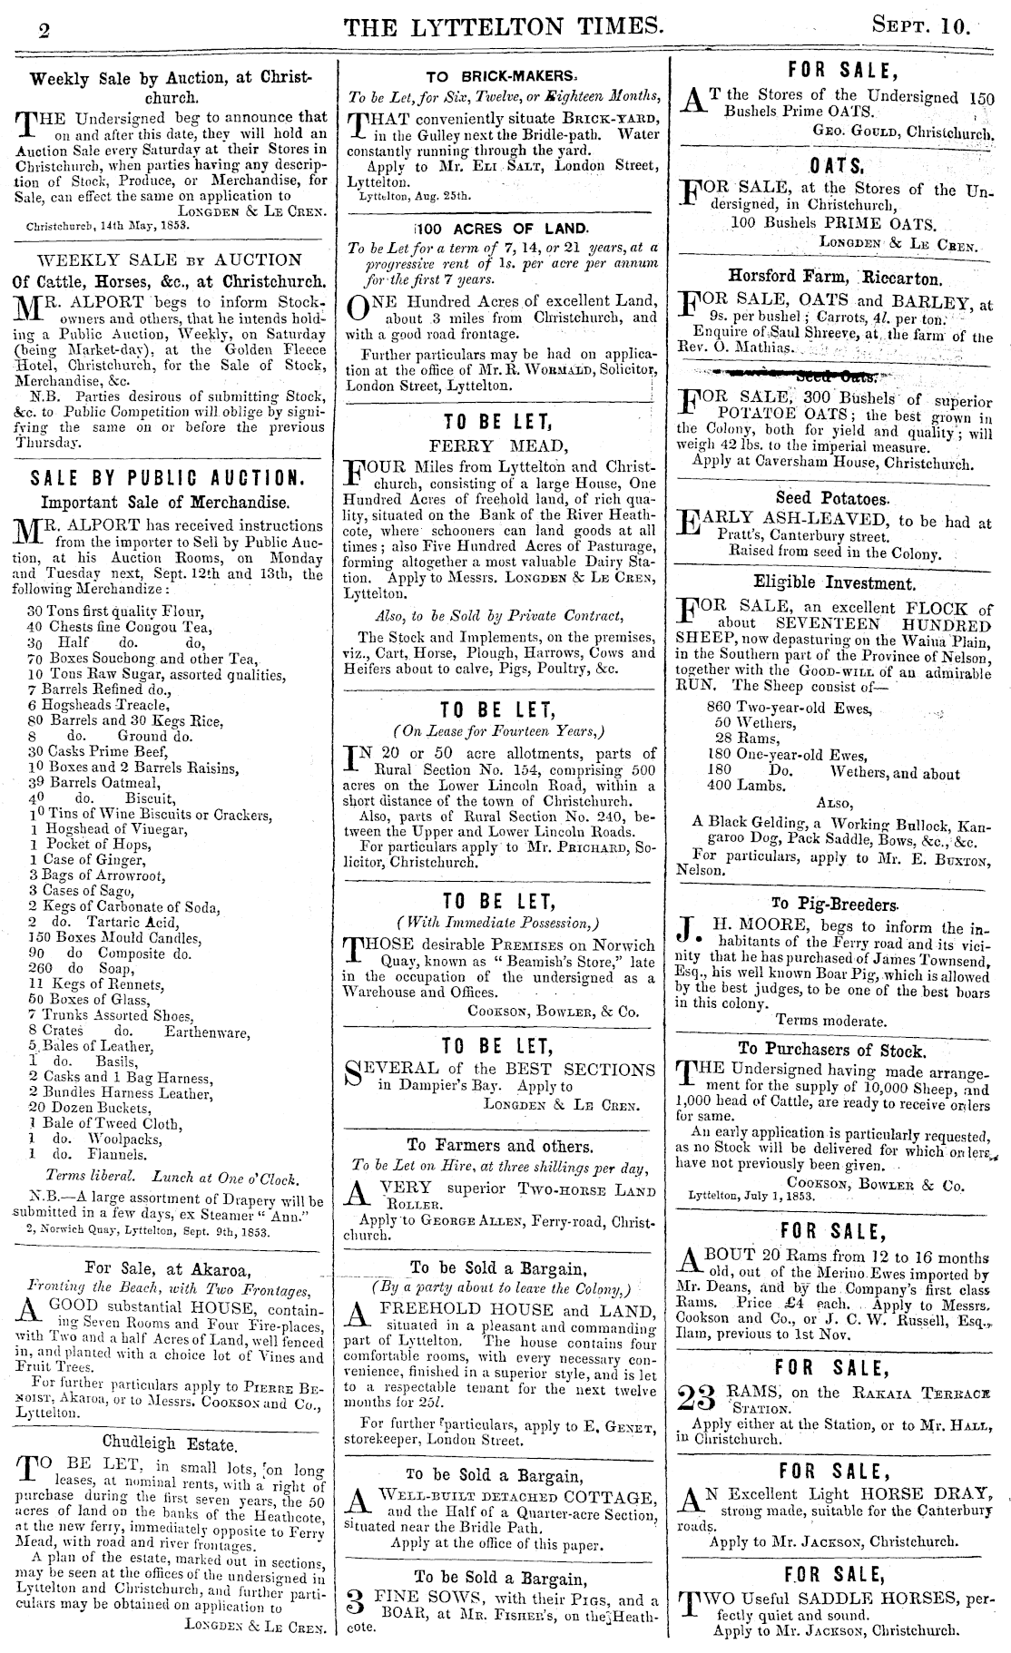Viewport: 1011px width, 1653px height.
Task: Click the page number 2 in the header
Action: coord(44,31)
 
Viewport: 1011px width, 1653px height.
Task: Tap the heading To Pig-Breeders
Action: coord(835,904)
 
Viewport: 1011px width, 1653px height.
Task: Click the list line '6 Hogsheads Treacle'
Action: coord(99,704)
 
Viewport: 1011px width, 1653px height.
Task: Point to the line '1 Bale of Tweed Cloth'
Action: coord(105,1123)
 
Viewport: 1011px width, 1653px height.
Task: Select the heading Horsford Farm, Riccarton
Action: coord(835,276)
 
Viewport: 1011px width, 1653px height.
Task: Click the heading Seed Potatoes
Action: coord(835,497)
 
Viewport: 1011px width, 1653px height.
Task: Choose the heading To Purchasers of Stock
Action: coord(835,1051)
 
